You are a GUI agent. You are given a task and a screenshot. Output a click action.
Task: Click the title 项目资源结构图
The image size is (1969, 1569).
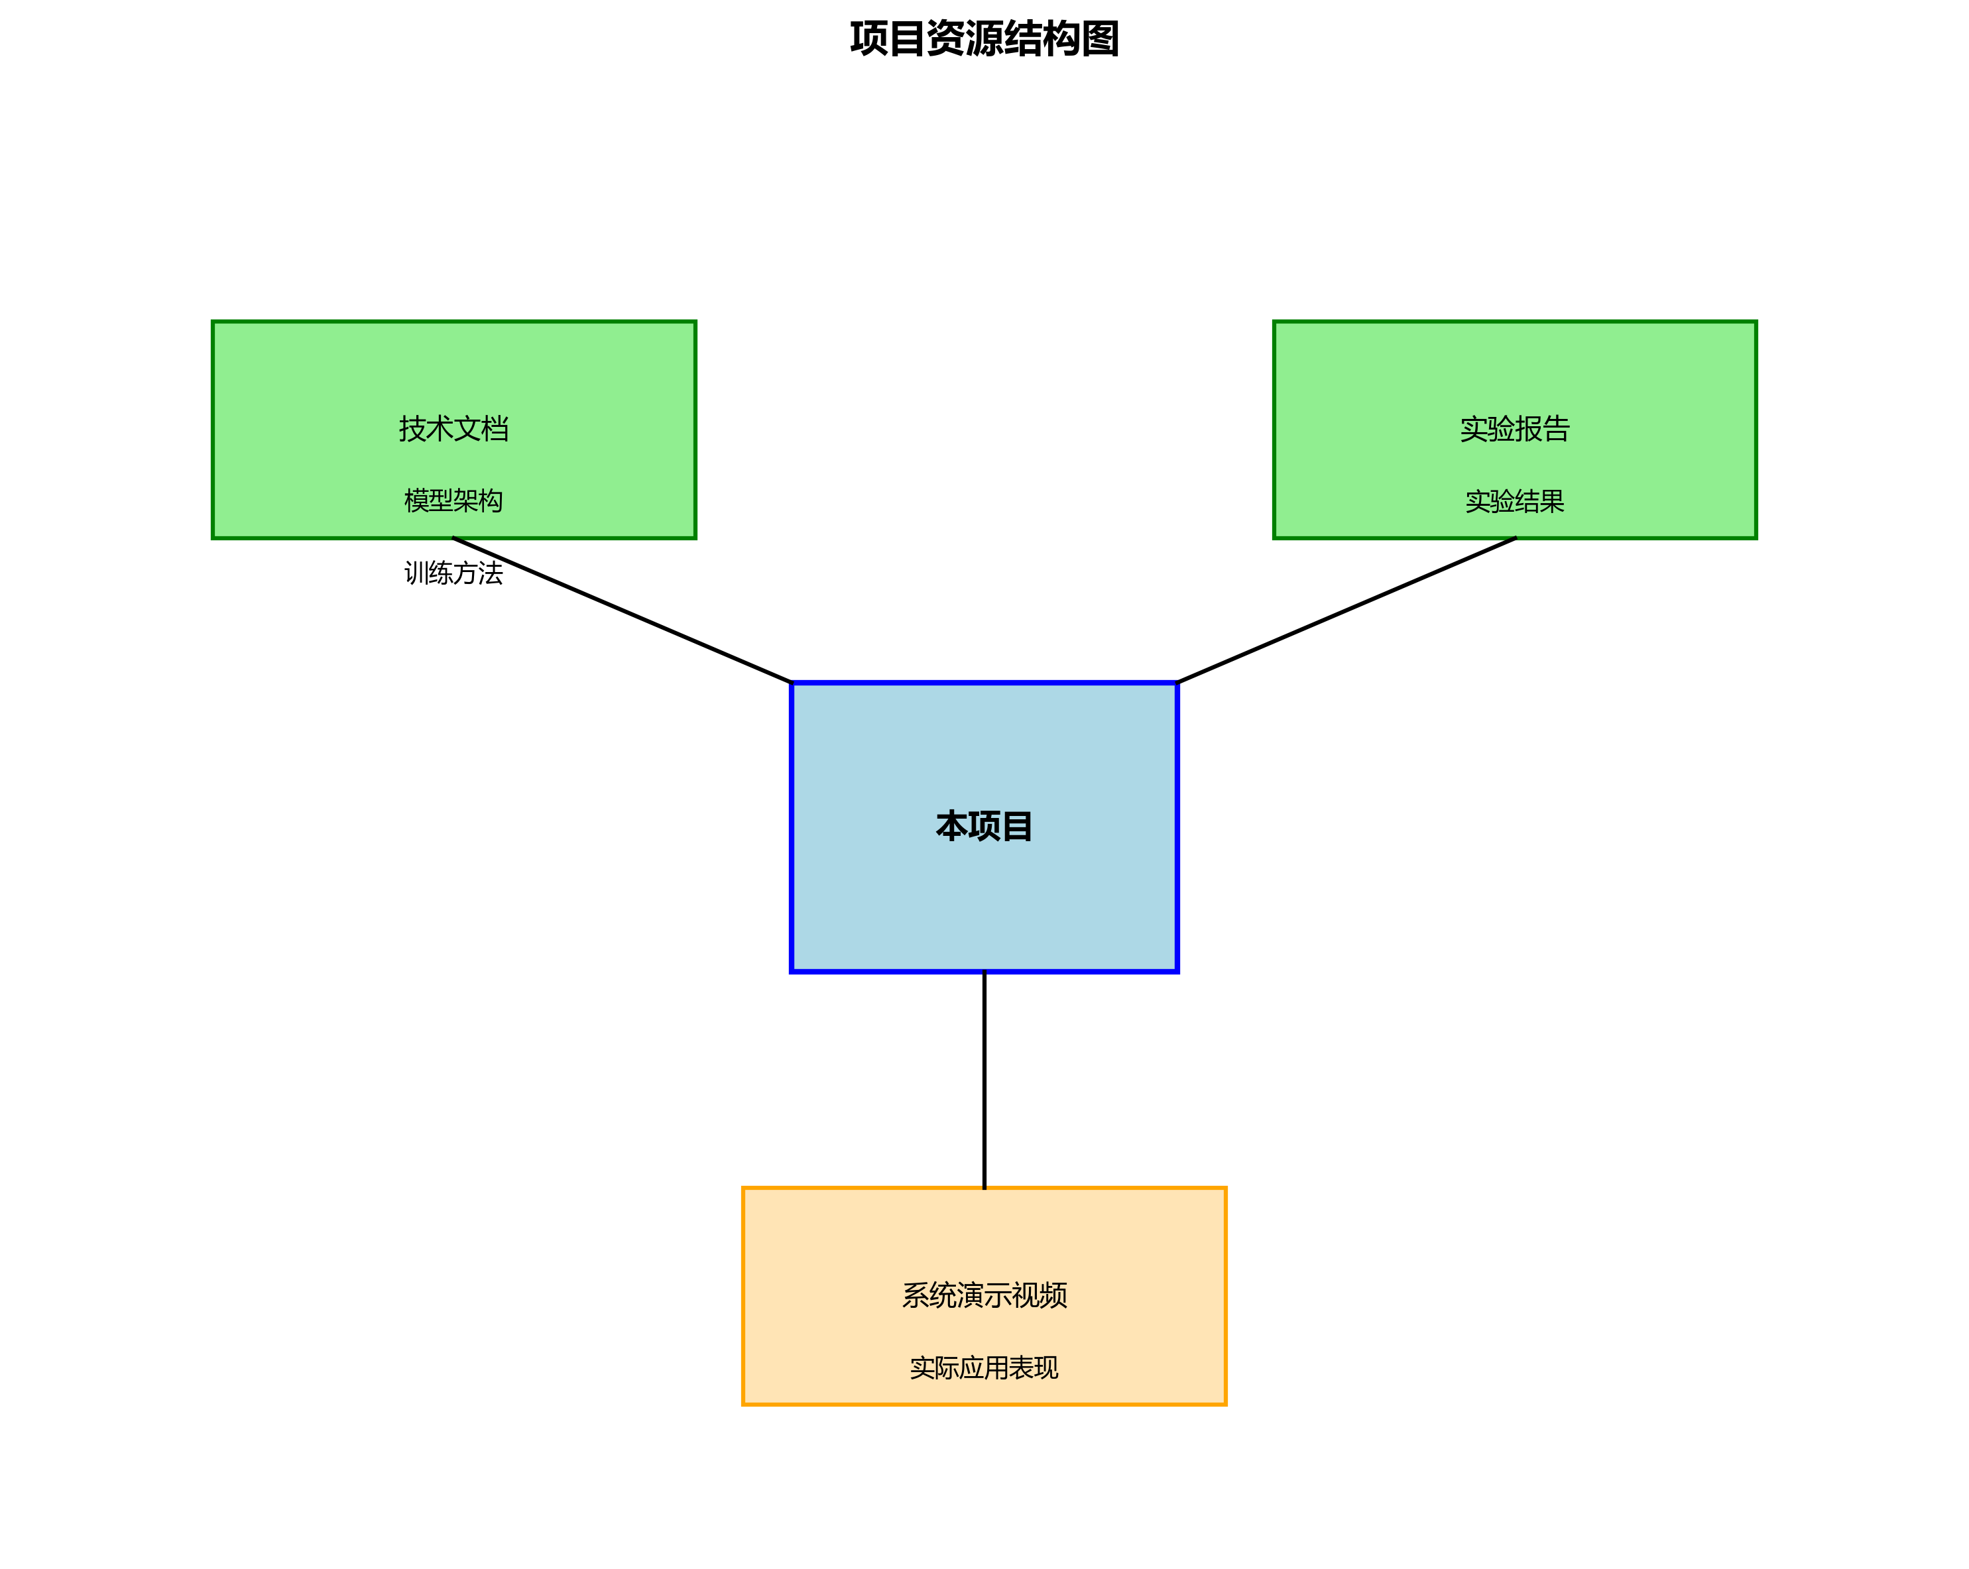click(x=984, y=39)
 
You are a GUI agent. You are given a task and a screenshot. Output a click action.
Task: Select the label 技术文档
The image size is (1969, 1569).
click(x=454, y=428)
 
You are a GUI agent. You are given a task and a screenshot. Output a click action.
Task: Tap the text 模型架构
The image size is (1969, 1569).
click(x=454, y=500)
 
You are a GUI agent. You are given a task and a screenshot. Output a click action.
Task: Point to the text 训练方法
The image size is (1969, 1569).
click(x=454, y=573)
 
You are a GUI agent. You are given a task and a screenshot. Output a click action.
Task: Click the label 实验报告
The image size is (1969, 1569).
click(x=1514, y=428)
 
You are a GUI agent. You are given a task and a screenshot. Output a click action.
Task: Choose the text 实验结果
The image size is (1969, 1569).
click(x=1514, y=500)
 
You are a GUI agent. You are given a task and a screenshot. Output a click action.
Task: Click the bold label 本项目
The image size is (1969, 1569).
click(x=984, y=827)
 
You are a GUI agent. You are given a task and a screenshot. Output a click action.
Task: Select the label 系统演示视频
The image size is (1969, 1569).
click(x=984, y=1295)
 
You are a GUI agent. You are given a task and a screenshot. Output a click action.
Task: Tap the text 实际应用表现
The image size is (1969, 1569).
click(x=984, y=1367)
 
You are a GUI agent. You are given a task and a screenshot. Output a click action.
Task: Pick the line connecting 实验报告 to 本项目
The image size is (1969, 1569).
click(x=1347, y=610)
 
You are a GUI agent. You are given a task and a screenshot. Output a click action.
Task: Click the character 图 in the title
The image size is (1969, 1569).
click(x=1101, y=39)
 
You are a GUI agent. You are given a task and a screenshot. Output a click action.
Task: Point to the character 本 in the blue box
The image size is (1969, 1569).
click(x=951, y=827)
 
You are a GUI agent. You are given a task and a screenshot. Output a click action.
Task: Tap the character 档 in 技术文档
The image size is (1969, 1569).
click(x=495, y=428)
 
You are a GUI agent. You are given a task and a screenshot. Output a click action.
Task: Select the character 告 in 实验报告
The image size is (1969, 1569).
click(x=1556, y=428)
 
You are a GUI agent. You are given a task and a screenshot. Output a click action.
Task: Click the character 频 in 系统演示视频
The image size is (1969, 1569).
click(x=1053, y=1295)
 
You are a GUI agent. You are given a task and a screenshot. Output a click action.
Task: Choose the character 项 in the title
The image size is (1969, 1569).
click(x=868, y=39)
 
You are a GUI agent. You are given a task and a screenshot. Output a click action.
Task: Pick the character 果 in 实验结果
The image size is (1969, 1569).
click(x=1551, y=500)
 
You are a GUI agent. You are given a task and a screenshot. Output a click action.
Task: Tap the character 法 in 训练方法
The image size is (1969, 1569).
click(x=491, y=573)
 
